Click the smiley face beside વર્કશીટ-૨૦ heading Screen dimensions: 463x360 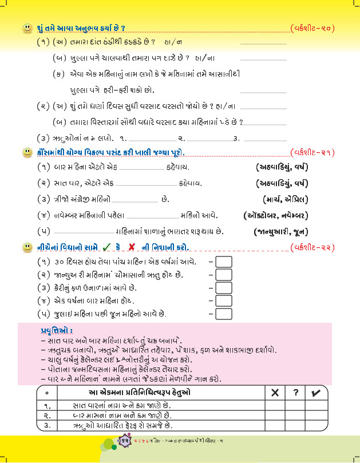(x=26, y=27)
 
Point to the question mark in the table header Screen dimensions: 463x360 (x=295, y=393)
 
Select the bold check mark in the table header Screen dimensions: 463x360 (x=315, y=393)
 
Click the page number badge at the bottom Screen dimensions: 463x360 (x=125, y=440)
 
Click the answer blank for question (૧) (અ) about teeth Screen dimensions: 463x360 (x=263, y=43)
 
